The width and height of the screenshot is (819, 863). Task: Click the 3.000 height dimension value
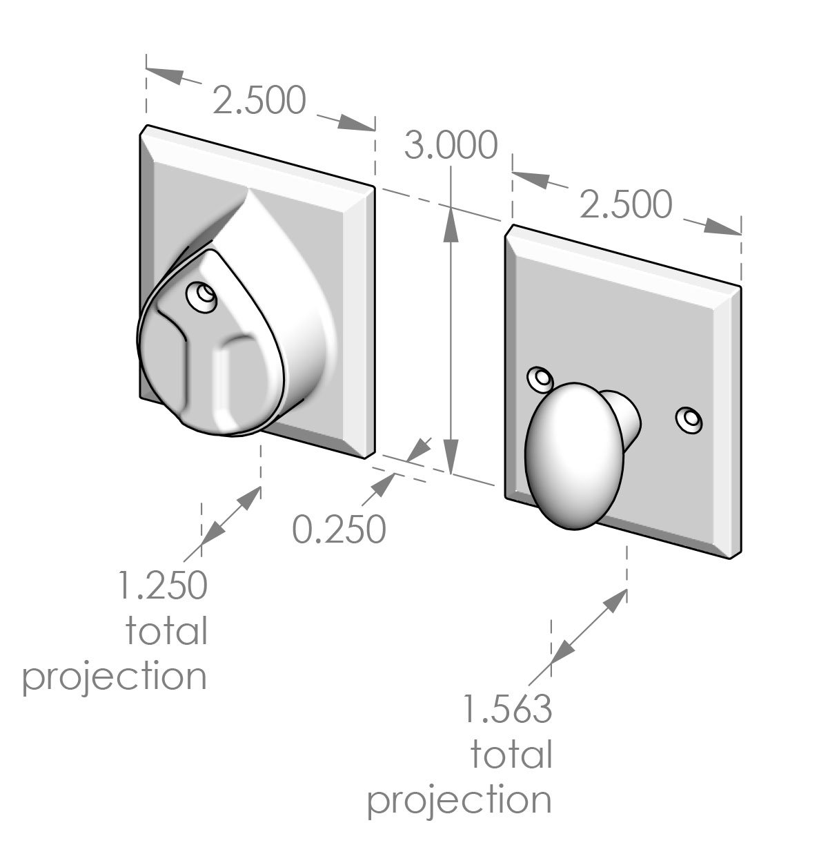(x=451, y=146)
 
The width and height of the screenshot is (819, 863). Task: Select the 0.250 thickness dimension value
(x=338, y=530)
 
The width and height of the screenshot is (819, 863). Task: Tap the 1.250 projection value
(x=163, y=585)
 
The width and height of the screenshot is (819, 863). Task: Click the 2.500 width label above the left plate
(x=259, y=101)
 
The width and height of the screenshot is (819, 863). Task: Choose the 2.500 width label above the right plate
(x=625, y=204)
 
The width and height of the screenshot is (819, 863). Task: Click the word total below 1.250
(x=166, y=630)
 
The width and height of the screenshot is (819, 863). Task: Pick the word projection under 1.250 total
(x=115, y=677)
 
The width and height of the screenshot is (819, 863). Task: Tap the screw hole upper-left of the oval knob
(x=540, y=378)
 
